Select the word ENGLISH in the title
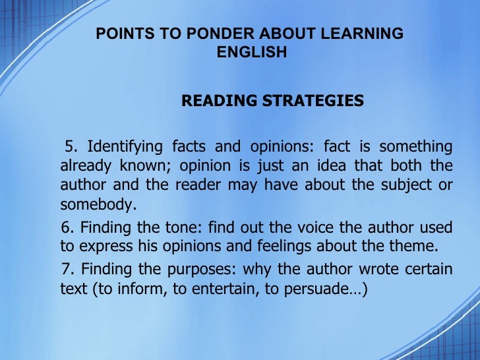(252, 52)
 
